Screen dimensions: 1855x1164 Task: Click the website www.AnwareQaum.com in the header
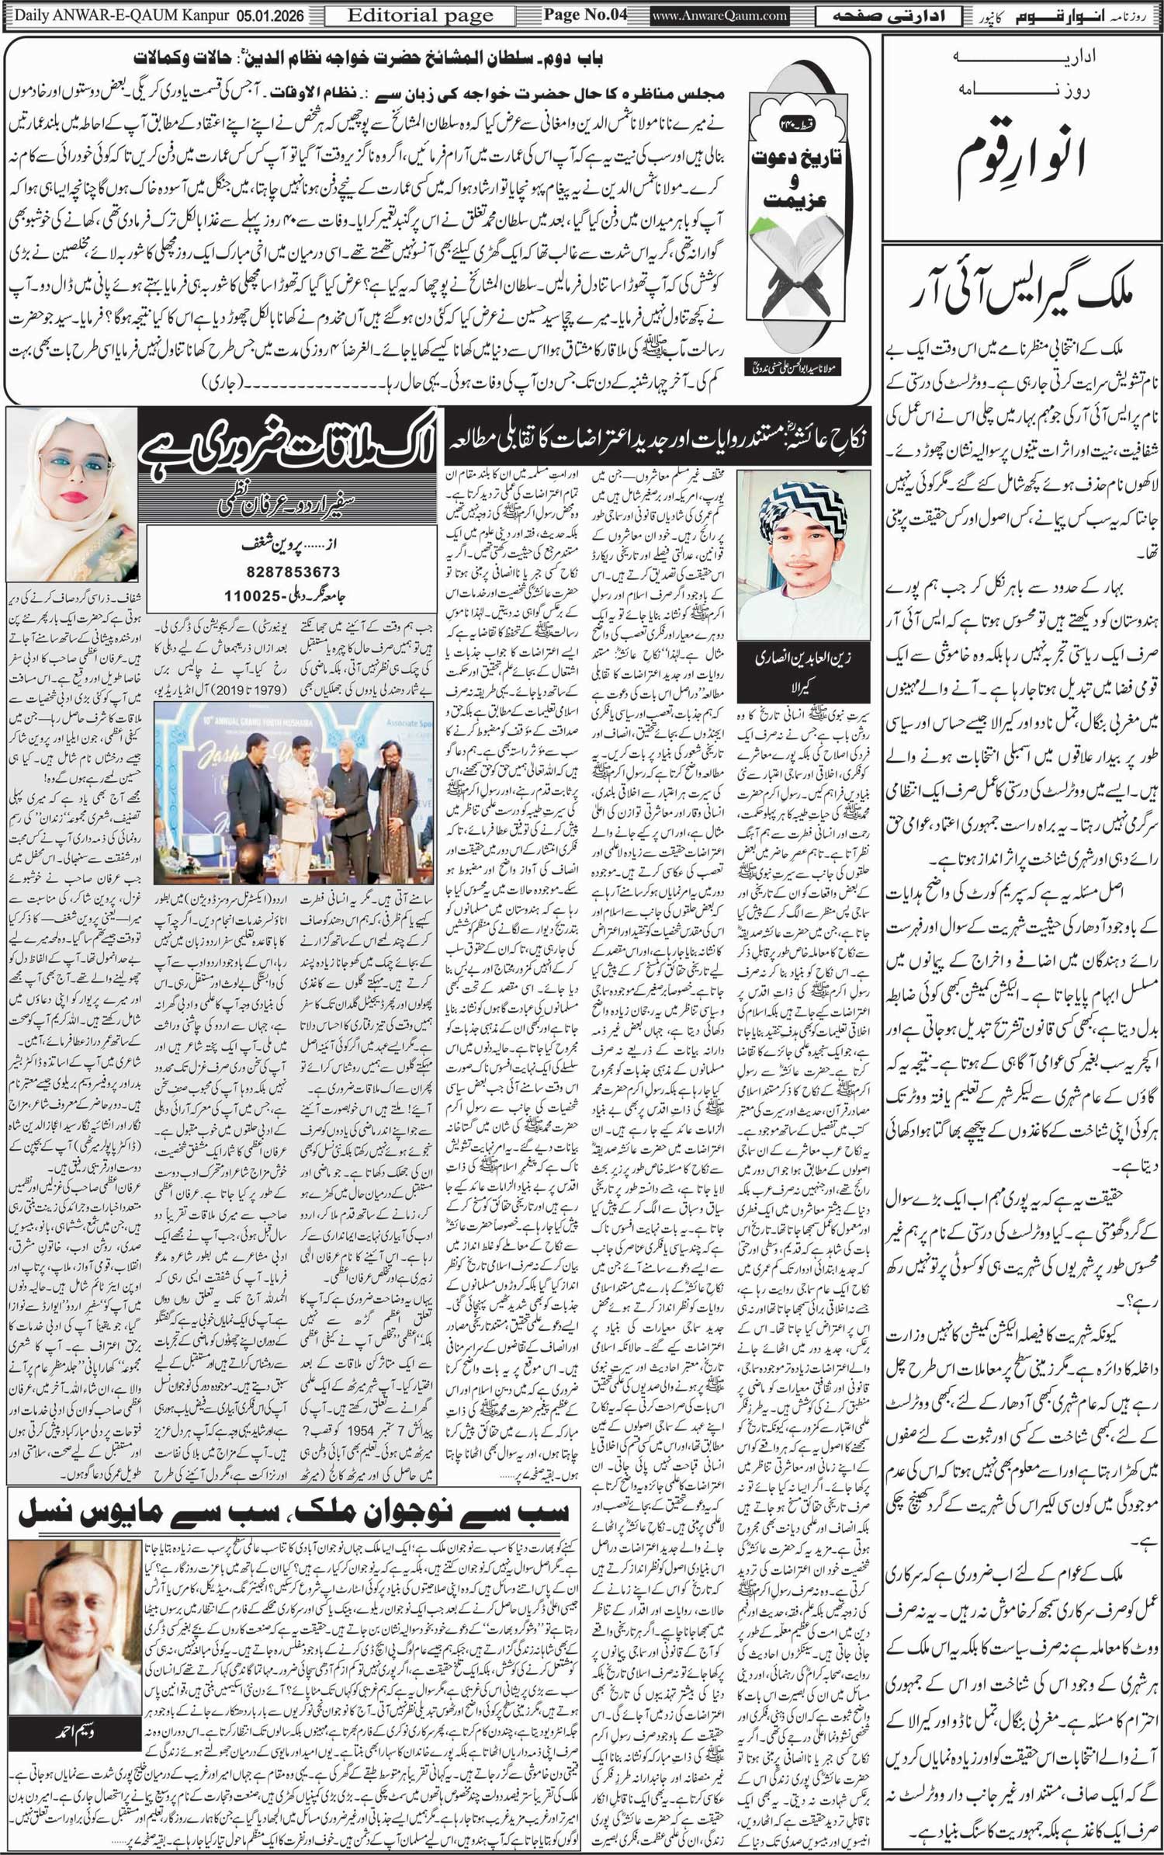[719, 15]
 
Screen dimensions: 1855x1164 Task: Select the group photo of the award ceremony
[295, 800]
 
